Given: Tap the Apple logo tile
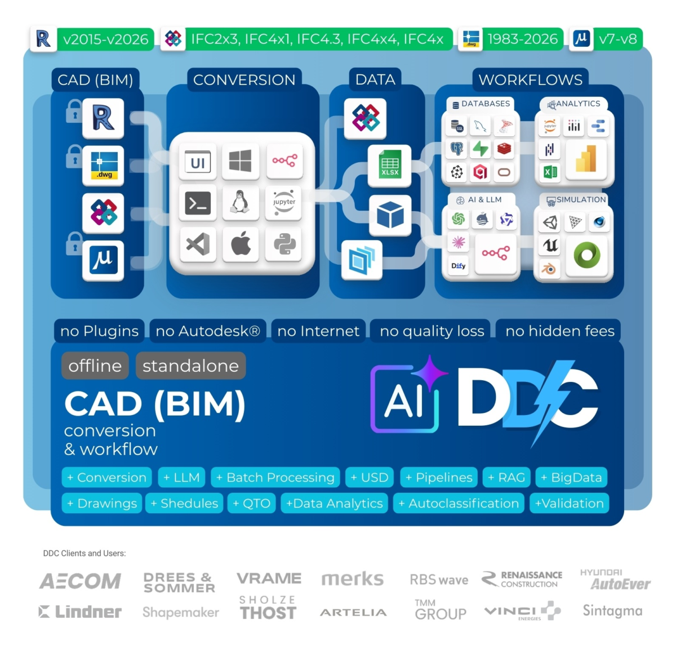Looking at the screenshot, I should point(241,244).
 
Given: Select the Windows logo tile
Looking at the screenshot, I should point(241,161).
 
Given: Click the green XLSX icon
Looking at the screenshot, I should point(390,165).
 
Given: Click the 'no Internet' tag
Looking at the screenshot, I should point(318,331).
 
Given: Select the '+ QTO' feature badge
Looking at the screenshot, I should point(251,504).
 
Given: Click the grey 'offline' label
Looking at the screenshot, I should point(95,366).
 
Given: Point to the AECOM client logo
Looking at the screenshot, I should point(81,581).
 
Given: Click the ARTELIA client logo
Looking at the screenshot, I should point(353,613).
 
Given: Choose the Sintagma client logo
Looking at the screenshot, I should point(612,611).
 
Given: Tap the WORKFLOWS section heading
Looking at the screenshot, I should point(530,80).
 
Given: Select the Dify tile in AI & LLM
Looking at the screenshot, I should point(459,266).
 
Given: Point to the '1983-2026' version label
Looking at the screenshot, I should point(522,39).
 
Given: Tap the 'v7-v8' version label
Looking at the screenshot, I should point(618,39).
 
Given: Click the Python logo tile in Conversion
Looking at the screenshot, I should point(284,244).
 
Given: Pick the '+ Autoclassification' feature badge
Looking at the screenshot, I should point(459,504).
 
